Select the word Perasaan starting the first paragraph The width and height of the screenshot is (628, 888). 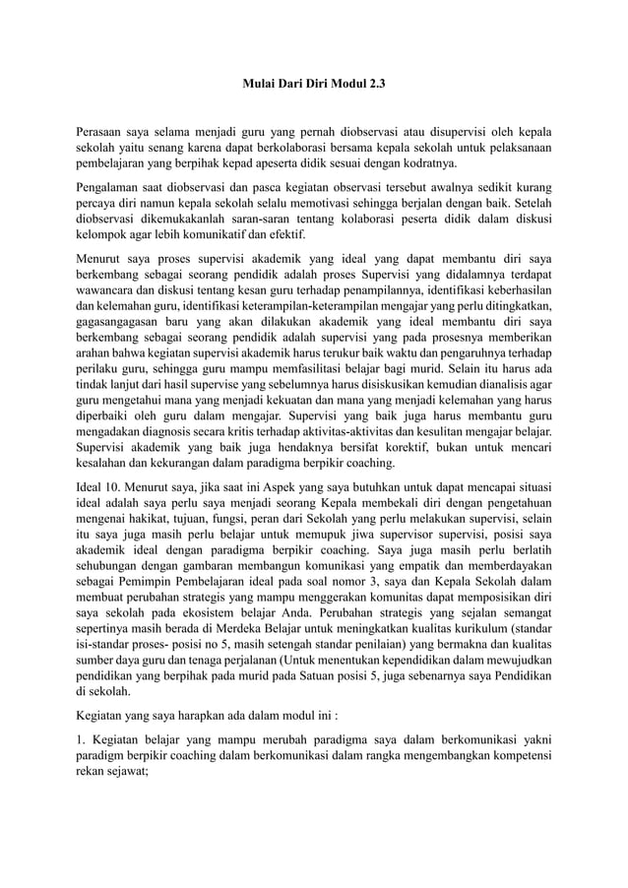104,131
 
